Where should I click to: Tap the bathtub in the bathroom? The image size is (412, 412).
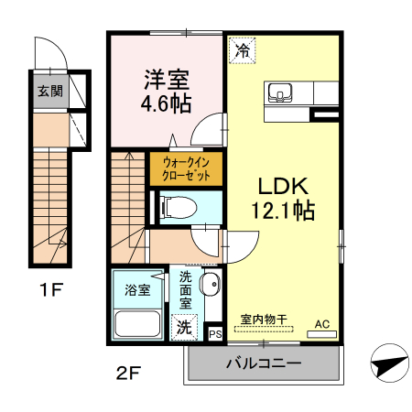[137, 324]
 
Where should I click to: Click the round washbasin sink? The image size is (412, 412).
[210, 285]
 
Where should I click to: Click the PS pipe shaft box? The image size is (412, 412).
[216, 334]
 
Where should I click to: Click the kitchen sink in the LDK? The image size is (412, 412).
[279, 93]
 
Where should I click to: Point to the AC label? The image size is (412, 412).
[322, 324]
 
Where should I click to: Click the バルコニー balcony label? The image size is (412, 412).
[264, 363]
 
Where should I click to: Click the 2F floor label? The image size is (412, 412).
[128, 373]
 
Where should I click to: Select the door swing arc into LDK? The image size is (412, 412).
[236, 244]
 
